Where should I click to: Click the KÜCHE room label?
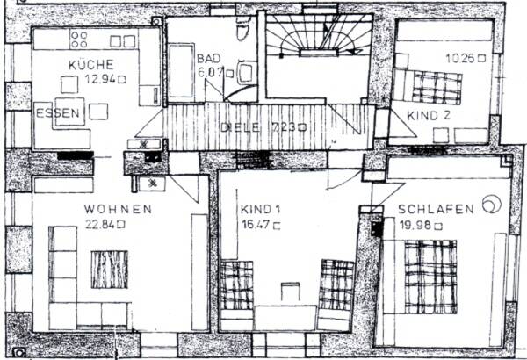pos(90,65)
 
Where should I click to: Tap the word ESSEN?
pos(58,113)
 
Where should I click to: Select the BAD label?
pos(209,58)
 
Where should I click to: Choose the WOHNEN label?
pos(118,209)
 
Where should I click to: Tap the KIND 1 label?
pos(260,210)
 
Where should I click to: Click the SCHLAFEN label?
pos(436,209)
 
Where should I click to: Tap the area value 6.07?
pos(211,72)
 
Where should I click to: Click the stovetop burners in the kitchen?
pos(79,39)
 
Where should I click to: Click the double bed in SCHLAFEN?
pos(430,275)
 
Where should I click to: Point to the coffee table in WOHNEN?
pos(109,270)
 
